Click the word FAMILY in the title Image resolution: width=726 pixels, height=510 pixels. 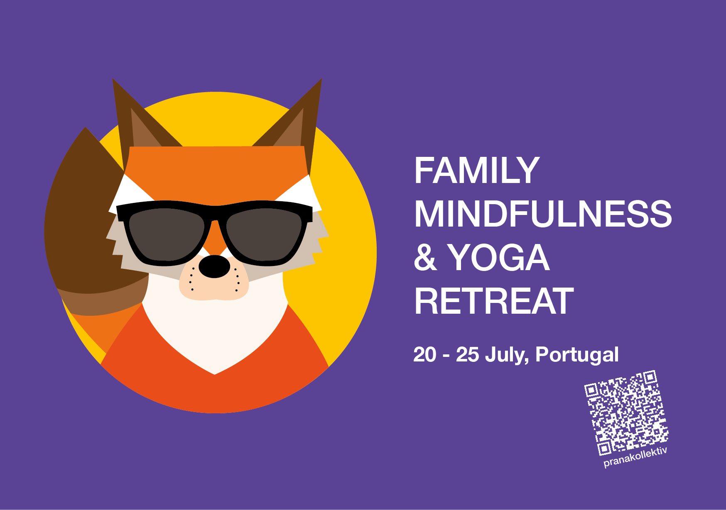click(476, 171)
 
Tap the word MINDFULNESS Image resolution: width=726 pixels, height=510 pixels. click(543, 214)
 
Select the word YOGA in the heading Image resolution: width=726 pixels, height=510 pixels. click(498, 258)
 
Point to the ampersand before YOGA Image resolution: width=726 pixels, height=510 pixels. click(425, 258)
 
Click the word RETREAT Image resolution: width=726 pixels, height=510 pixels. click(494, 302)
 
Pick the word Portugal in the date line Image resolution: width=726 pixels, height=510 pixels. click(577, 355)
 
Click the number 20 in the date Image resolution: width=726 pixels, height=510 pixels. click(424, 355)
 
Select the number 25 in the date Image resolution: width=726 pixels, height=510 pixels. click(467, 355)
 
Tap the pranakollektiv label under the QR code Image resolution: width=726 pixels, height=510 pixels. click(635, 457)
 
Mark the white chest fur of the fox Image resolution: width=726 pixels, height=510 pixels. click(214, 332)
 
